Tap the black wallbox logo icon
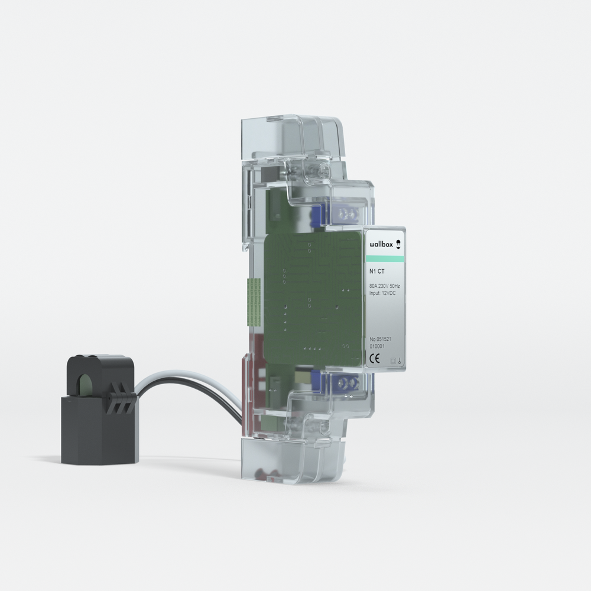pyautogui.click(x=398, y=243)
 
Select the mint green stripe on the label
pyautogui.click(x=385, y=259)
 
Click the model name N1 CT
pyautogui.click(x=376, y=273)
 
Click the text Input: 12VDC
pyautogui.click(x=382, y=293)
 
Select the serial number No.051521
pyautogui.click(x=381, y=340)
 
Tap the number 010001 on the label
pyautogui.click(x=377, y=347)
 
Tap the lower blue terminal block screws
pyautogui.click(x=348, y=384)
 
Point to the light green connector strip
pyautogui.click(x=254, y=301)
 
